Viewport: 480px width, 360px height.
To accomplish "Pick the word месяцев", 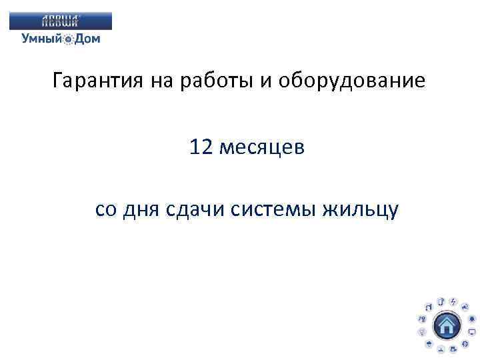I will (x=264, y=147).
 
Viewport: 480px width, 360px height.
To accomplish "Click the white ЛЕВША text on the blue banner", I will (x=61, y=20).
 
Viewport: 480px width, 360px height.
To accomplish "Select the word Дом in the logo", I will (x=87, y=39).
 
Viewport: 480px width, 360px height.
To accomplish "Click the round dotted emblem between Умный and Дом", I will (x=69, y=39).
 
